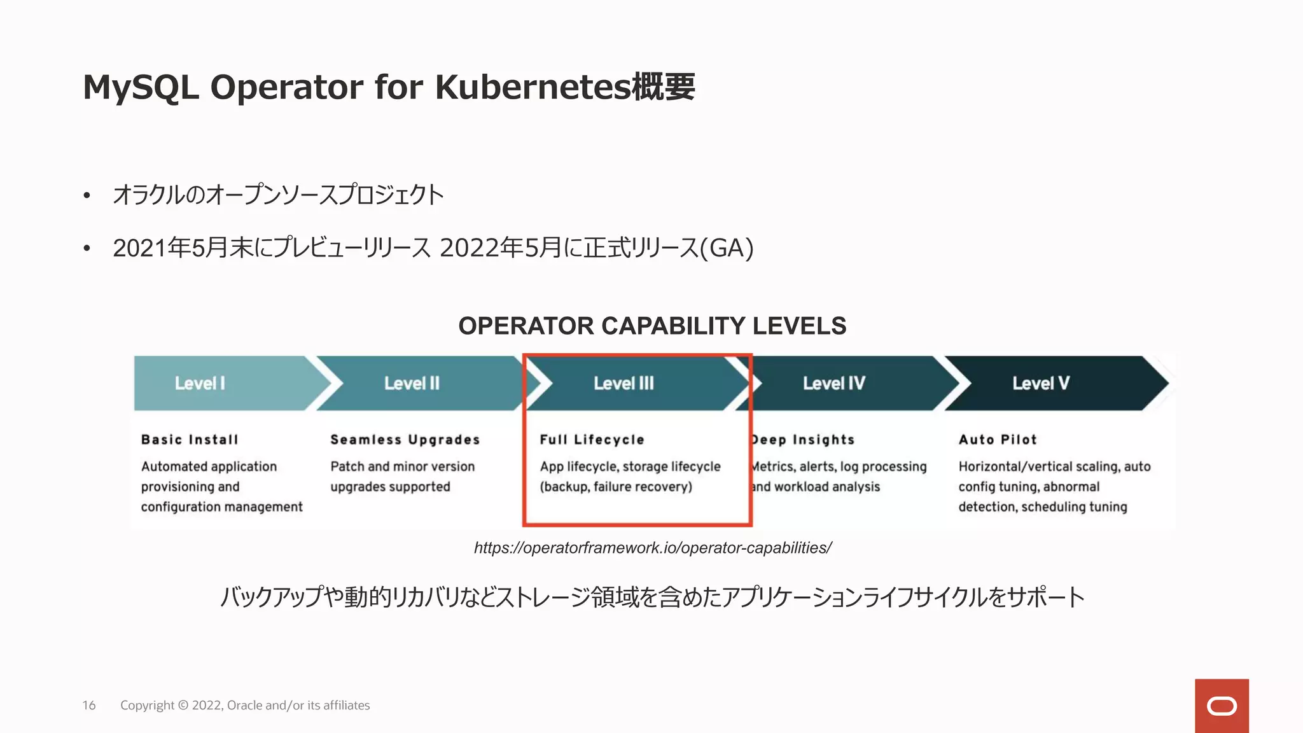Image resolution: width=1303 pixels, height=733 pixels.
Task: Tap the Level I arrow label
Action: pyautogui.click(x=200, y=383)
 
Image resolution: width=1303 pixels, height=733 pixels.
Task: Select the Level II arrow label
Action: pyautogui.click(x=412, y=383)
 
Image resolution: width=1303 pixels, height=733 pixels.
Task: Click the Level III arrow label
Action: pyautogui.click(x=624, y=383)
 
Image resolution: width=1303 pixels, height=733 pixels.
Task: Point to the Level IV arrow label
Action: pyautogui.click(x=833, y=383)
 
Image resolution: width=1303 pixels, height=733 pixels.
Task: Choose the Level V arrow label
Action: pyautogui.click(x=1041, y=383)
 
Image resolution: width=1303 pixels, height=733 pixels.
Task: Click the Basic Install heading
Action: pyautogui.click(x=190, y=440)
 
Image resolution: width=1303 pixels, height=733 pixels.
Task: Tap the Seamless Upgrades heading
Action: pyautogui.click(x=405, y=440)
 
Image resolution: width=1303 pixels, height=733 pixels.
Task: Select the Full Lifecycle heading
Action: pyautogui.click(x=592, y=440)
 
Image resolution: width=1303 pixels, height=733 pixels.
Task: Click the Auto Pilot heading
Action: pyautogui.click(x=998, y=440)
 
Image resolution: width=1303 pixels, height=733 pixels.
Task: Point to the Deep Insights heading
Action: pyautogui.click(x=803, y=440)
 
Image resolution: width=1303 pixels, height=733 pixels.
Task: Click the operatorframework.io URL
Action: pyautogui.click(x=653, y=548)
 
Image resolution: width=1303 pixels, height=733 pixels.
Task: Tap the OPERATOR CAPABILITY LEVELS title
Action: pyautogui.click(x=652, y=326)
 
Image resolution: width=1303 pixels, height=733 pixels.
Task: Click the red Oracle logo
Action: pyautogui.click(x=1222, y=706)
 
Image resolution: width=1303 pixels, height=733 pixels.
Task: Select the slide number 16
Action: pyautogui.click(x=89, y=705)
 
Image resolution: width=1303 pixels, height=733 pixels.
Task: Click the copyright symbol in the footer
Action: pyautogui.click(x=183, y=705)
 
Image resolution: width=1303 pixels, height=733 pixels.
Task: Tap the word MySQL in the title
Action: pyautogui.click(x=141, y=87)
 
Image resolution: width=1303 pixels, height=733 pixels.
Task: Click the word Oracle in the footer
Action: pyautogui.click(x=244, y=705)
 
